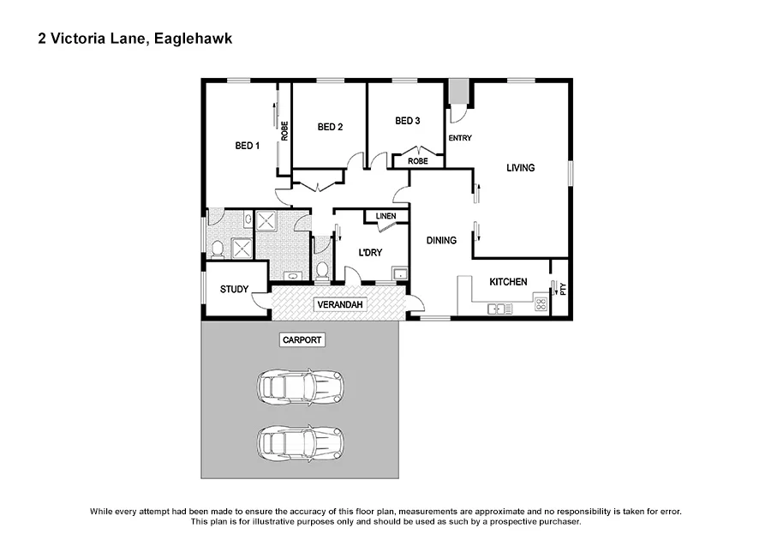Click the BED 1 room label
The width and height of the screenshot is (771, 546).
[x=247, y=146]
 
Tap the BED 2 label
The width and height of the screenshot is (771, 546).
[x=330, y=128]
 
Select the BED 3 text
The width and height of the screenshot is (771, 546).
[x=407, y=121]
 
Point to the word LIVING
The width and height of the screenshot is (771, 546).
[x=520, y=168]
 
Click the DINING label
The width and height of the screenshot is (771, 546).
[x=441, y=241]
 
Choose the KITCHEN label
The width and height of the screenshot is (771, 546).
[x=508, y=282]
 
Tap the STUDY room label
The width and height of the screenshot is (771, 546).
[x=234, y=290]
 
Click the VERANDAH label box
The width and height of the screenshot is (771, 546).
[x=340, y=305]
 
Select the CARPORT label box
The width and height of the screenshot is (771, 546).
[x=302, y=340]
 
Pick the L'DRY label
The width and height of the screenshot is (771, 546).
[x=370, y=252]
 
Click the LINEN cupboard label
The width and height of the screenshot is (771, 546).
[x=385, y=216]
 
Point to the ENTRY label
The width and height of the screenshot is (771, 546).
[x=460, y=138]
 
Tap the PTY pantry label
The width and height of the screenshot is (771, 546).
[x=563, y=289]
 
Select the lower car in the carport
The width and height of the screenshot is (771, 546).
[x=301, y=442]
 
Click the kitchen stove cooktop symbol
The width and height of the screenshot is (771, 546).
[x=541, y=303]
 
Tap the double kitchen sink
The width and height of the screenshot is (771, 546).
[x=499, y=308]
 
